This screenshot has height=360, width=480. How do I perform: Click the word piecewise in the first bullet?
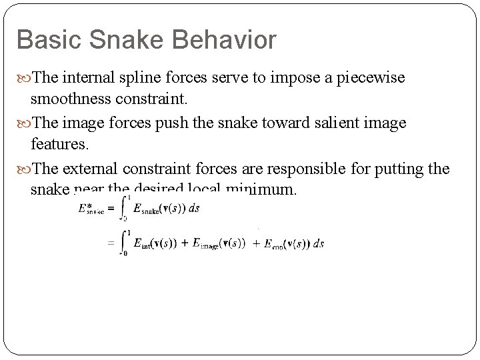coord(371,79)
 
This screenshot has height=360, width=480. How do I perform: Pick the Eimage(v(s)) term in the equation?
coord(219,244)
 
